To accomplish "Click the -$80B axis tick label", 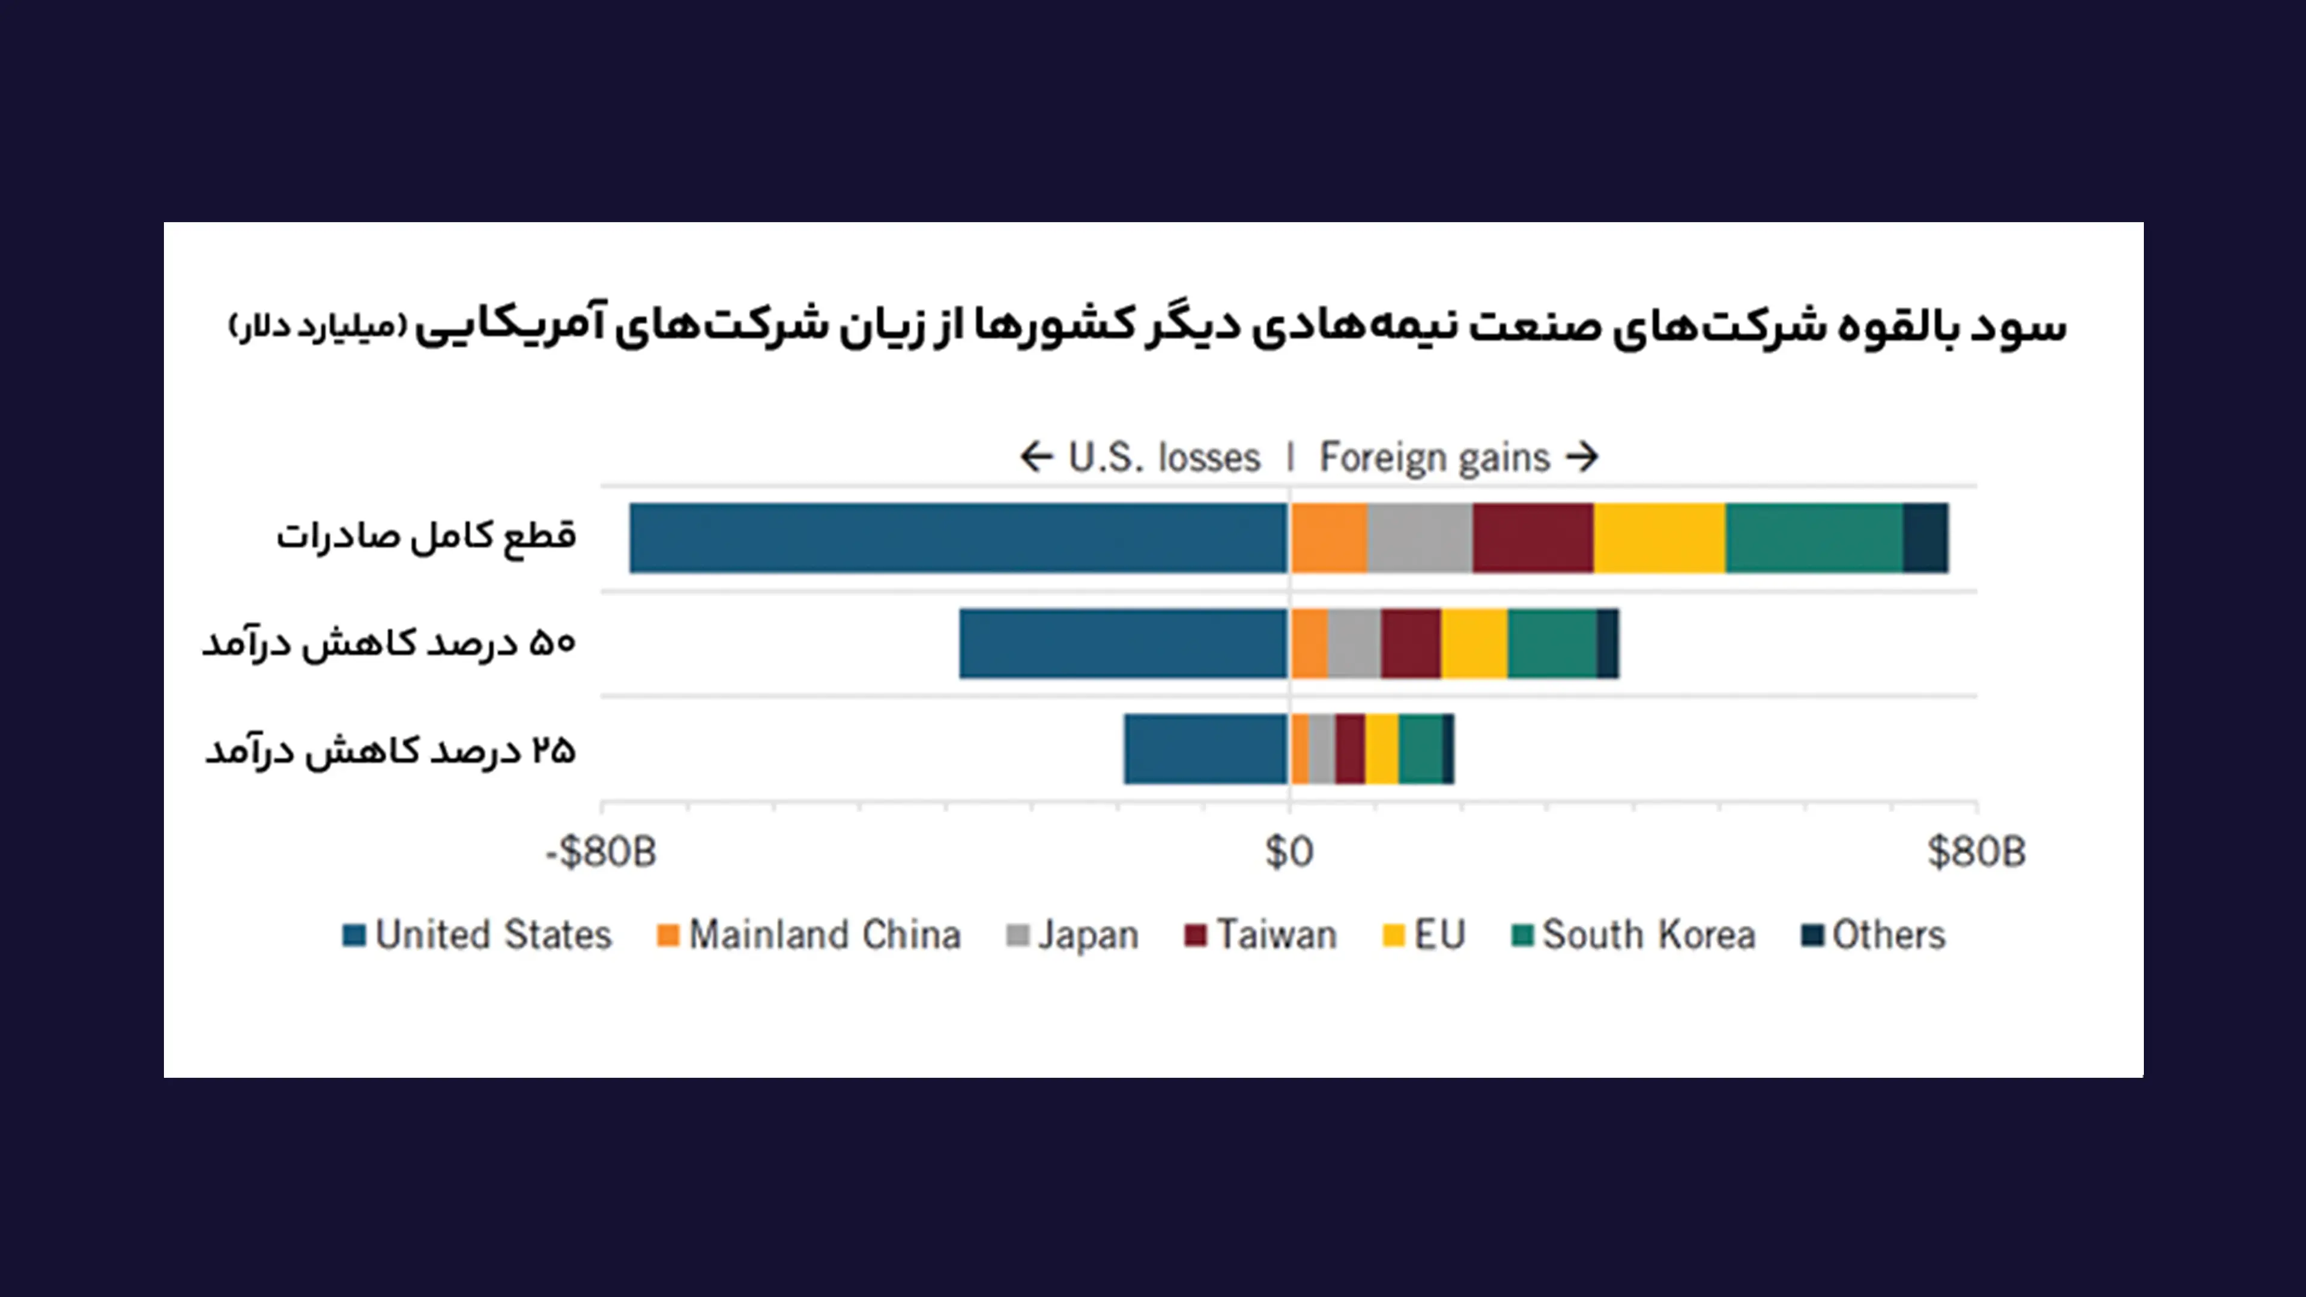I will (601, 851).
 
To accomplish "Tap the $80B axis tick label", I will (1976, 851).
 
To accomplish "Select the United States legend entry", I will (477, 936).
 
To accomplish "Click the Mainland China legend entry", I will (808, 936).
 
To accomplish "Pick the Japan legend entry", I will (1073, 936).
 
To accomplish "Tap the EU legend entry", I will (1424, 936).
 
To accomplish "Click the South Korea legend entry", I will (1633, 936).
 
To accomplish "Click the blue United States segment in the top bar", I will (958, 538).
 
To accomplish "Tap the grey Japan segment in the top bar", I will (1420, 538).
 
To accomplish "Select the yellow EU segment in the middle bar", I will (1474, 644).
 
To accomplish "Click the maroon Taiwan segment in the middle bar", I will (1411, 644).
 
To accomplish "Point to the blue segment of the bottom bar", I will (1206, 749).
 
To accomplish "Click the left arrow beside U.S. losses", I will (1036, 458).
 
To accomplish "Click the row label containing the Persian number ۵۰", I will (389, 644).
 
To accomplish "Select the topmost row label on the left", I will (426, 536).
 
